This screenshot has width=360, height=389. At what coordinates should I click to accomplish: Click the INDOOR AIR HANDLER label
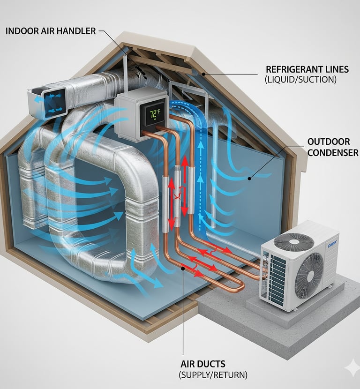click(x=51, y=31)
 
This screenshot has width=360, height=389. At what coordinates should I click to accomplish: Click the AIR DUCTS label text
click(x=203, y=364)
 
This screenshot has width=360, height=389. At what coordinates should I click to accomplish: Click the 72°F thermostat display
click(x=154, y=114)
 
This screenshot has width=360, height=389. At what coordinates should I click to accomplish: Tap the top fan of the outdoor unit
click(x=293, y=241)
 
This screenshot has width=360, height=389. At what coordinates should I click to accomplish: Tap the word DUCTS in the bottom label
click(x=214, y=364)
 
